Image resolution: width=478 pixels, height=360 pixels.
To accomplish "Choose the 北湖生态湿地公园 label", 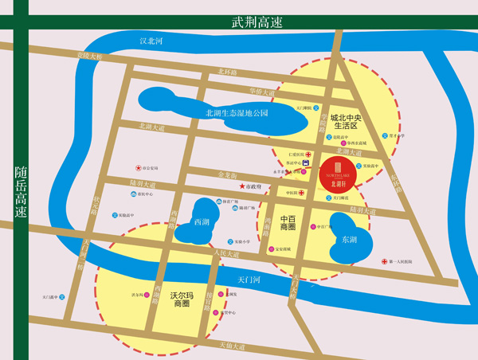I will coord(237,113).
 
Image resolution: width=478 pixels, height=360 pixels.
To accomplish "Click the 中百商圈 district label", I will coord(288,222).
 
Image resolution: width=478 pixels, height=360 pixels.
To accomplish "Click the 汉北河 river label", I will coord(151,41).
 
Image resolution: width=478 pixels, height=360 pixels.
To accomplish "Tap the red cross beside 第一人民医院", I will coord(385,261).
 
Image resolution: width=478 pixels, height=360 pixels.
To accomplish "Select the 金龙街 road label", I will coord(227,174).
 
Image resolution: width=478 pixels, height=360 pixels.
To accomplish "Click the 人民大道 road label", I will coord(227,254).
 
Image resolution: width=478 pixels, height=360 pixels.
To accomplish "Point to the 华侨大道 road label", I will coord(261,91).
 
